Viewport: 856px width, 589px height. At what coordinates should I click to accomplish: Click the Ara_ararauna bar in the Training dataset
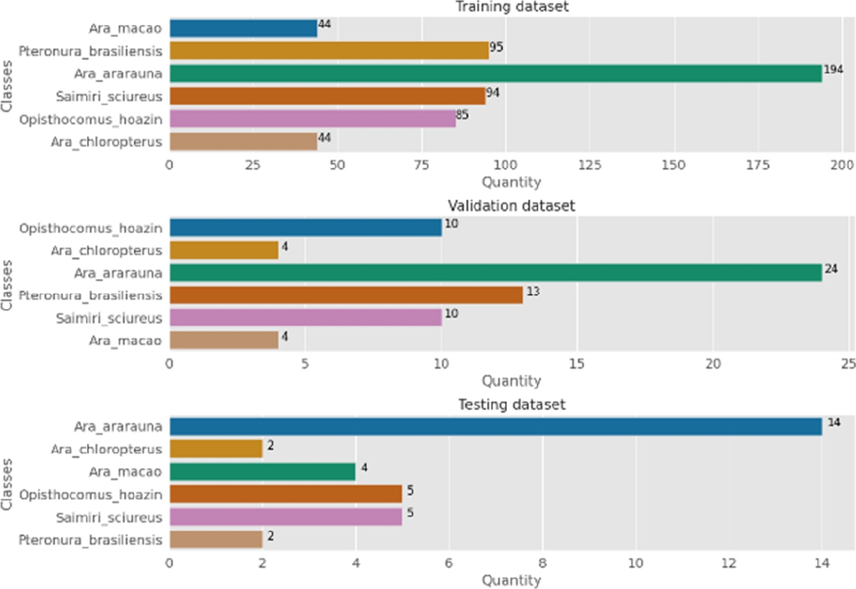(x=495, y=73)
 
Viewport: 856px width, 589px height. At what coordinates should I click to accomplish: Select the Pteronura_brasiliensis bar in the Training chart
(x=329, y=50)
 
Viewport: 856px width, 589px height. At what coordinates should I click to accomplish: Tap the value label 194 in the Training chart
(x=833, y=70)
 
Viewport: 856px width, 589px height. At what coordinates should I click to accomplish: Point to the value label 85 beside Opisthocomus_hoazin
(x=462, y=115)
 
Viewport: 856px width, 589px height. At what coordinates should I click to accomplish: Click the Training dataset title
(x=512, y=7)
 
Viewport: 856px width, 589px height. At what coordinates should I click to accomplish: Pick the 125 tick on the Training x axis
(x=590, y=165)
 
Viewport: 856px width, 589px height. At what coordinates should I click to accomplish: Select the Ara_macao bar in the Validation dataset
(x=223, y=340)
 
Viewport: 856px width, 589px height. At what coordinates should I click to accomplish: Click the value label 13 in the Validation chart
(x=533, y=291)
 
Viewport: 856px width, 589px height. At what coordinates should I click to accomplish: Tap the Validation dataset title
(x=511, y=206)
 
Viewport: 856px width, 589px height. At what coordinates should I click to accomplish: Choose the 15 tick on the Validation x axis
(x=577, y=364)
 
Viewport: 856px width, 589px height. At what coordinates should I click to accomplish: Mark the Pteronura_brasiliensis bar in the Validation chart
(x=346, y=295)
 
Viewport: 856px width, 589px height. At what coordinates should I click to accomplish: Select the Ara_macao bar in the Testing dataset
(x=262, y=472)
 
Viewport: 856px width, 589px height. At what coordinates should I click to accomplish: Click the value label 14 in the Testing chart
(x=834, y=422)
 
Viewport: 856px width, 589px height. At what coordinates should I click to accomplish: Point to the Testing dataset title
(x=511, y=405)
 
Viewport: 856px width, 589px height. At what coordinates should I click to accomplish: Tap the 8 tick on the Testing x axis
(x=542, y=563)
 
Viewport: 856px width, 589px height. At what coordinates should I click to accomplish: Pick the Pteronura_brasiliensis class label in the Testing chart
(x=90, y=540)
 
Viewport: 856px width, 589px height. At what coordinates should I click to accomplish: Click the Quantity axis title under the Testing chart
(x=511, y=580)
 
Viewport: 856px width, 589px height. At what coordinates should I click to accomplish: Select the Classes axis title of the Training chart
(x=8, y=85)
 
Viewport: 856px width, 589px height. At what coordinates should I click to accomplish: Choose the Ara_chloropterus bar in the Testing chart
(x=216, y=449)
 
